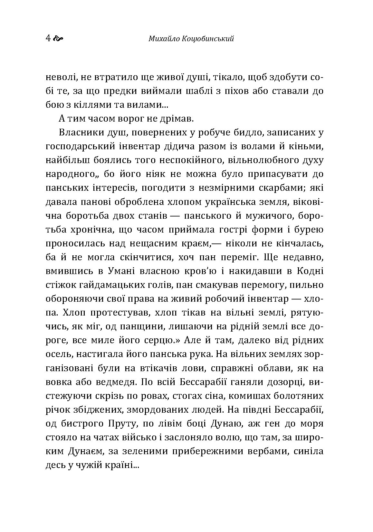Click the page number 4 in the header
[x=48, y=39]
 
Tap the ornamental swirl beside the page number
[x=57, y=39]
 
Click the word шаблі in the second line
[x=193, y=91]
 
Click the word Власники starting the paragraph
[x=77, y=133]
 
